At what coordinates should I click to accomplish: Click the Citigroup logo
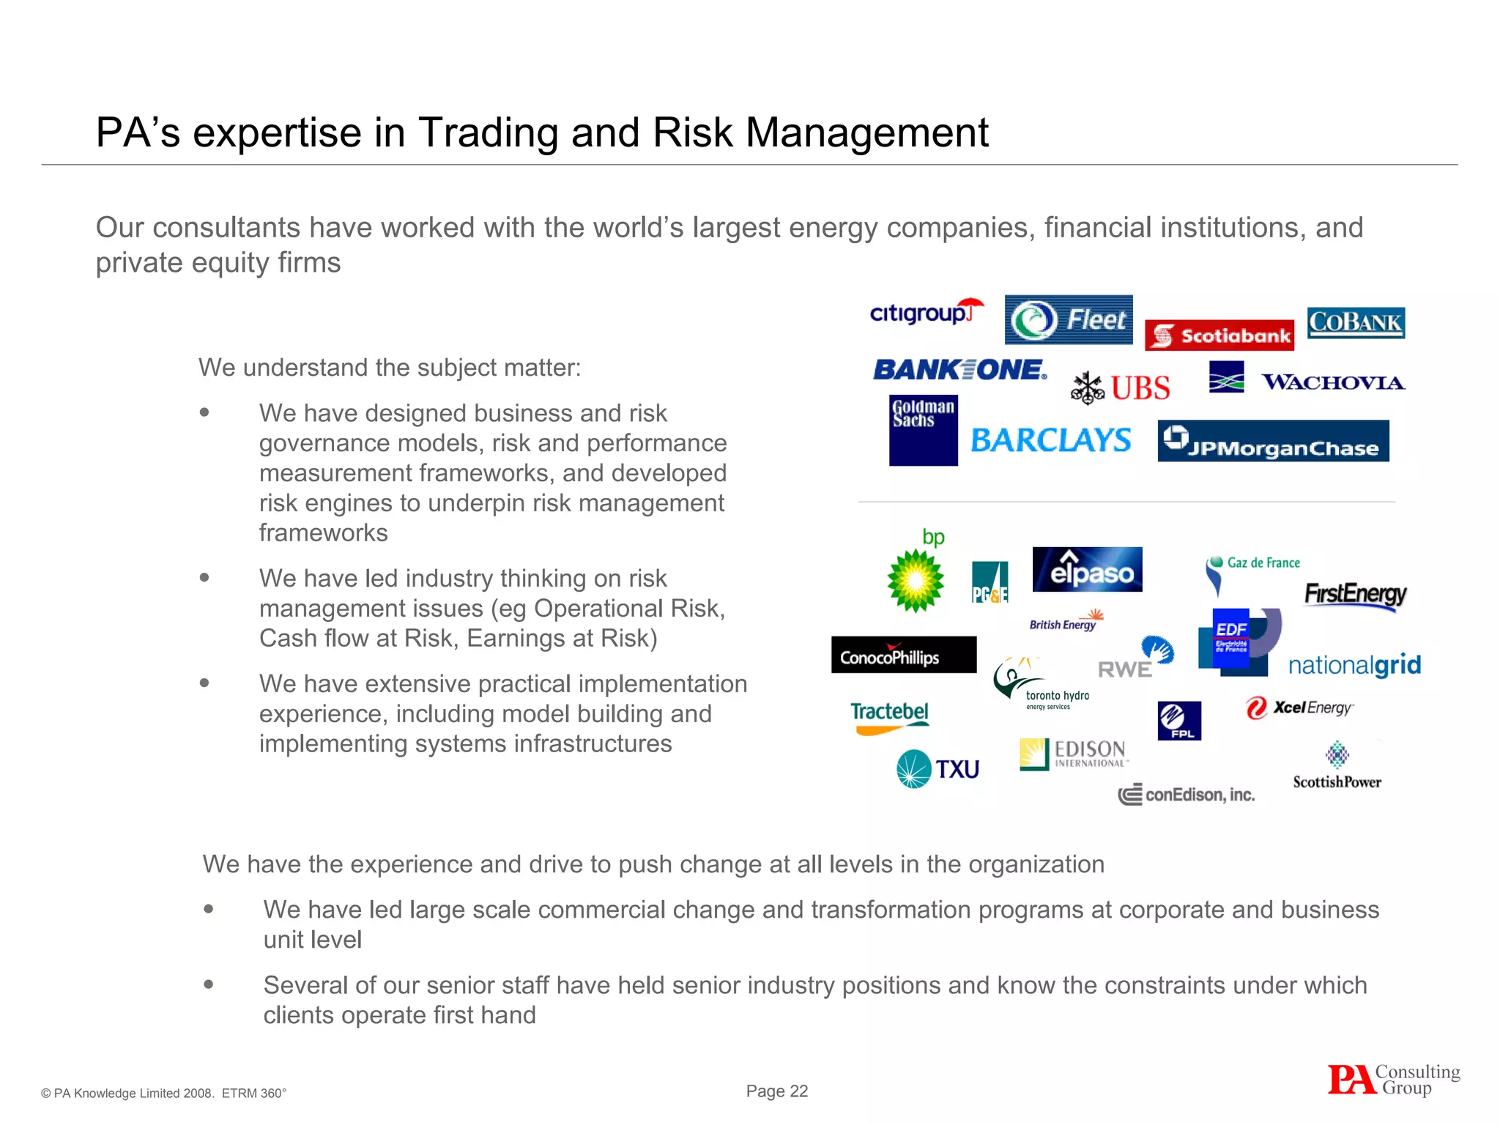[925, 313]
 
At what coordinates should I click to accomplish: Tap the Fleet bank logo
[1069, 319]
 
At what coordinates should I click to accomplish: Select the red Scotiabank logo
[1219, 335]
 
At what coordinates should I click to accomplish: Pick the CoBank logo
[1356, 322]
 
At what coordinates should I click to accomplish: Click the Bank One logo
[959, 370]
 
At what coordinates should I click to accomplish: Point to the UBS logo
[1121, 387]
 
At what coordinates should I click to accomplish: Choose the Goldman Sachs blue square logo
[923, 431]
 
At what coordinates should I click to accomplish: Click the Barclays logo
[1051, 440]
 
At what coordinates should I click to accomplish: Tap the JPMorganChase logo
[1273, 441]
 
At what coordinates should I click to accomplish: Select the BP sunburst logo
[916, 580]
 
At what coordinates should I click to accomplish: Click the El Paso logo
[1087, 569]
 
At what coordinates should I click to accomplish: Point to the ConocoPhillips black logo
[904, 655]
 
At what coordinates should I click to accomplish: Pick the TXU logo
[938, 769]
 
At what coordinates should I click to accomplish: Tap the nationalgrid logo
[1354, 665]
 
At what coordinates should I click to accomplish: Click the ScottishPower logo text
[1337, 782]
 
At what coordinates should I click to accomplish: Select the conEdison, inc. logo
[1187, 795]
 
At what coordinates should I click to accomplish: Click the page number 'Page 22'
[776, 1091]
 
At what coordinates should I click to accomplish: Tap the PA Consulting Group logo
[1394, 1080]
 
